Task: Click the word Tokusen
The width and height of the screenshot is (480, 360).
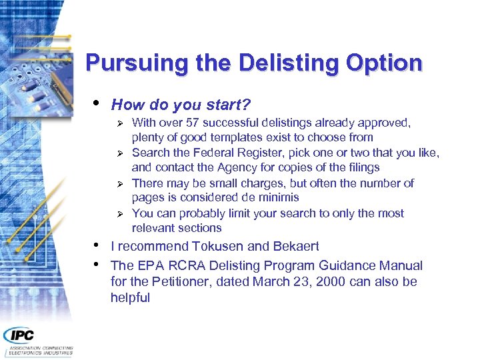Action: (x=209, y=246)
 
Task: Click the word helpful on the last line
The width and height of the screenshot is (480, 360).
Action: (x=131, y=297)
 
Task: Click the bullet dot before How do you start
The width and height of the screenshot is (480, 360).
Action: (x=97, y=103)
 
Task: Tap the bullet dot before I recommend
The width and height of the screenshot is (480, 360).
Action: (x=97, y=244)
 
